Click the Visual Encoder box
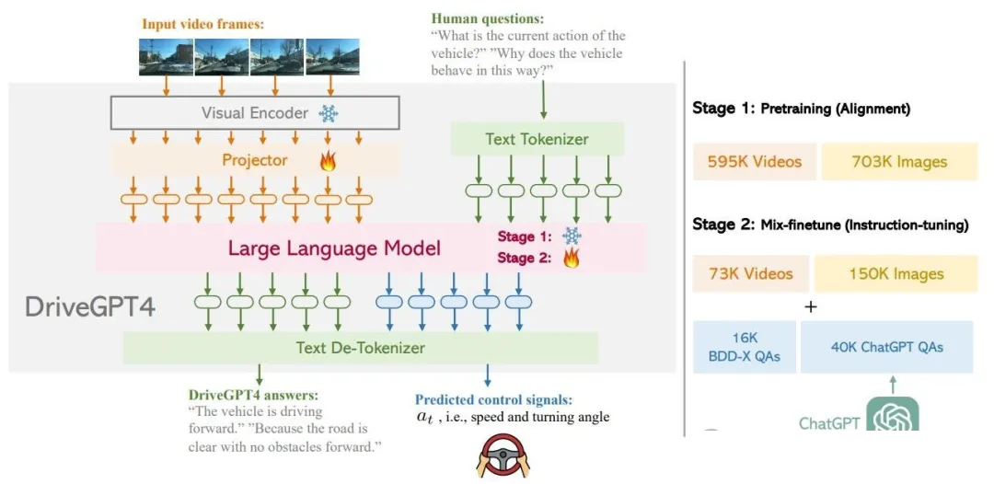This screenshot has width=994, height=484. [x=255, y=113]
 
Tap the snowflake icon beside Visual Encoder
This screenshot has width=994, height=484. [x=329, y=114]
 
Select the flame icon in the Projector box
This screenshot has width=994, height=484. [x=328, y=160]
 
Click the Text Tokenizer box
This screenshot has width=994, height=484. [x=537, y=139]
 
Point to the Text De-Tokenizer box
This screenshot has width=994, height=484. [x=360, y=347]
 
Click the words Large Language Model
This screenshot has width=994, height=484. [x=334, y=248]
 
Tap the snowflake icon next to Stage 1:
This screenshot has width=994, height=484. [x=572, y=236]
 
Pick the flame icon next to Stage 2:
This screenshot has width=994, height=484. [x=572, y=258]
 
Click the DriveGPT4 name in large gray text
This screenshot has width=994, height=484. [x=90, y=307]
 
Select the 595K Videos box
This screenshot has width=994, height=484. [x=754, y=162]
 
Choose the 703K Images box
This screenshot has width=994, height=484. [x=899, y=162]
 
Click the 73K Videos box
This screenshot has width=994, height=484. [x=751, y=273]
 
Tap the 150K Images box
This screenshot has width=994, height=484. [x=896, y=273]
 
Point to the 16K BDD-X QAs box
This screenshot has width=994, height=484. [x=745, y=347]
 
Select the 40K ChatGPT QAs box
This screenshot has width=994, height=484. [x=886, y=347]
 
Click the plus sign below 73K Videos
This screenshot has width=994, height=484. [x=810, y=306]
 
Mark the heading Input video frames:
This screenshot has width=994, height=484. [x=202, y=24]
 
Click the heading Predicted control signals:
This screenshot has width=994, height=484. [x=494, y=399]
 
